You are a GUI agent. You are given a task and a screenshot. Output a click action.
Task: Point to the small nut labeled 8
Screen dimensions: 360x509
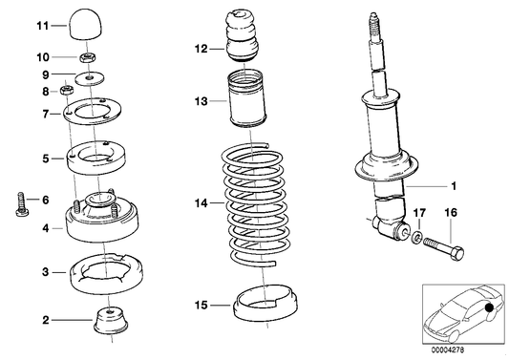click(67, 92)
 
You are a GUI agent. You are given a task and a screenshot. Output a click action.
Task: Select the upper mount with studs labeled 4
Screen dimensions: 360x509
click(95, 222)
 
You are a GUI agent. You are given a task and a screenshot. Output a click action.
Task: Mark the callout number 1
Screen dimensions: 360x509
click(454, 185)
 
